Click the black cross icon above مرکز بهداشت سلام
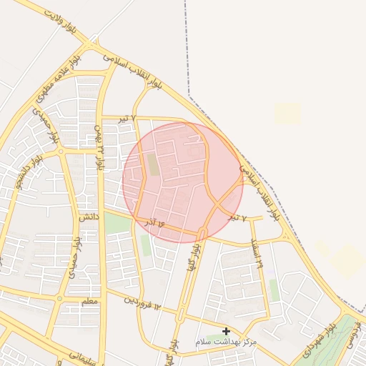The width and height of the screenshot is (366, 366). [227, 331]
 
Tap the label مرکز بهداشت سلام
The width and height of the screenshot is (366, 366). [226, 343]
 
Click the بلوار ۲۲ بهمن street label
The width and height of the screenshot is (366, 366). [99, 146]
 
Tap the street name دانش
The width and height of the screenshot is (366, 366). [86, 216]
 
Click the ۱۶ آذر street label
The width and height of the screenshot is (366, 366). [155, 224]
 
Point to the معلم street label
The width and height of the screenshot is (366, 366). [89, 302]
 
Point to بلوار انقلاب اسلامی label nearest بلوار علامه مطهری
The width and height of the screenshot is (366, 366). [133, 71]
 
